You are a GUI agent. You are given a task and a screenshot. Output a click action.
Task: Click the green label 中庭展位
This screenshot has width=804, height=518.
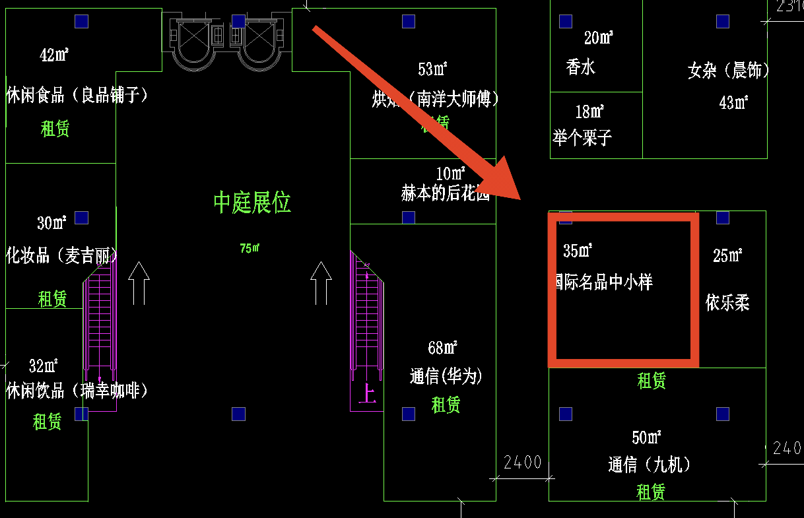[252, 203]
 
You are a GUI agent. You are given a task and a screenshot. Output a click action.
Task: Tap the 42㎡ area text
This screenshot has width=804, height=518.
[54, 55]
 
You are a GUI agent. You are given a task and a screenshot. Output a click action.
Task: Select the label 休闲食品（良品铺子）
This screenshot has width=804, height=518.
[77, 96]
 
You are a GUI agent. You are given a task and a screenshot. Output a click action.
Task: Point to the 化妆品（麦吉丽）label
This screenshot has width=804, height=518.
[62, 255]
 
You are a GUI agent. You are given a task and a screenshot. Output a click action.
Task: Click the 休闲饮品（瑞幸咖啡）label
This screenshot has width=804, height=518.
[77, 391]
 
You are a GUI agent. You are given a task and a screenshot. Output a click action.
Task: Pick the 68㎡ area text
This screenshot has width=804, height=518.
[443, 347]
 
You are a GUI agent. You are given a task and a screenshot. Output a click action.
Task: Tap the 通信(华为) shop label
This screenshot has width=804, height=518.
[446, 377]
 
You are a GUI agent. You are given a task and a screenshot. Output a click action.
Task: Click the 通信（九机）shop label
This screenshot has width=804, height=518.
[650, 465]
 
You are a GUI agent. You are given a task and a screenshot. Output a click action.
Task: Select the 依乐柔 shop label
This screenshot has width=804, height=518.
[727, 303]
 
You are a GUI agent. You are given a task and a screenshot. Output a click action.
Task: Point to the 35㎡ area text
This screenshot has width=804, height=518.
[578, 251]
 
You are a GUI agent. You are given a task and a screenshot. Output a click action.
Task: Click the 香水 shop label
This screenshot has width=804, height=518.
[580, 67]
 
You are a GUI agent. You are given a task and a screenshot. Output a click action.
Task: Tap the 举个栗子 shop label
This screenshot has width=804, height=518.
[583, 138]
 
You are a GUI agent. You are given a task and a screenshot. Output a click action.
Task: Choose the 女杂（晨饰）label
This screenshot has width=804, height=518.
[728, 71]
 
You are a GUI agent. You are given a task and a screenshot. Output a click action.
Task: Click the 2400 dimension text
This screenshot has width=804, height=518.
[522, 462]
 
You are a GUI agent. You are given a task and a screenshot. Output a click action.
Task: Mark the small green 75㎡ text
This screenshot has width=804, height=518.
[250, 249]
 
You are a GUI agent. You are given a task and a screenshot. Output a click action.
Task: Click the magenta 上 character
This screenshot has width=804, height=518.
[366, 394]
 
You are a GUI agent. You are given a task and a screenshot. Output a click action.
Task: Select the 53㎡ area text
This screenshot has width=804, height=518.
[433, 69]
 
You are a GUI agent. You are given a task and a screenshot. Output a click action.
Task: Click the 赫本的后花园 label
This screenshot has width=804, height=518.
[446, 194]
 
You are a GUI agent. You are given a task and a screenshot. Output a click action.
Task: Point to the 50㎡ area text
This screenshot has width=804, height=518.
[647, 437]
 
